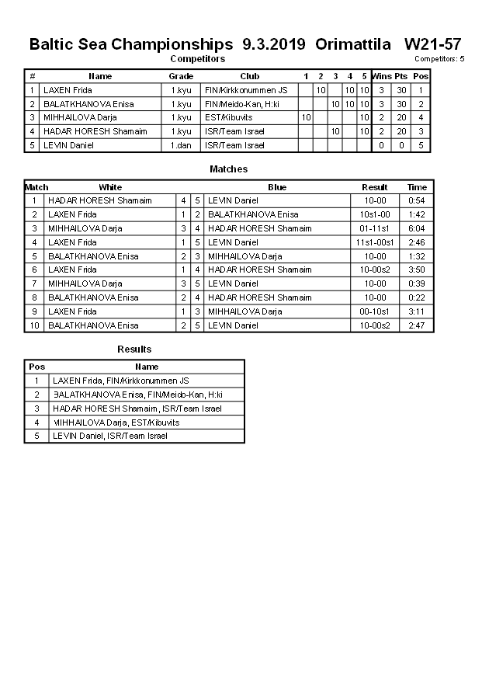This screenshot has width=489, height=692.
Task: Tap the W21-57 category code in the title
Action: click(433, 44)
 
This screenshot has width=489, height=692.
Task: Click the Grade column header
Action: click(181, 76)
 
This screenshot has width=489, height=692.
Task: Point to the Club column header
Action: click(249, 76)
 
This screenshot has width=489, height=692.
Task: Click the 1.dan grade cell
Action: click(181, 145)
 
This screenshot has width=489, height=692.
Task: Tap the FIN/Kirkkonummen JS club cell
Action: click(246, 90)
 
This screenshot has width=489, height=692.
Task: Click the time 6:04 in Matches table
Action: click(417, 228)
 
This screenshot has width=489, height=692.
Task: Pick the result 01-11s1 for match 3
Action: click(375, 228)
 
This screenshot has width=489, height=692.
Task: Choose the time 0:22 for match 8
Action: click(417, 297)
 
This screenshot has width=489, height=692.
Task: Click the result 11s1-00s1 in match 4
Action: click(375, 242)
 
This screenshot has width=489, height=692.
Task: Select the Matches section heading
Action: click(229, 169)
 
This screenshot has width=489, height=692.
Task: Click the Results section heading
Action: click(134, 349)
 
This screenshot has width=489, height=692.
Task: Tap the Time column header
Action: click(417, 187)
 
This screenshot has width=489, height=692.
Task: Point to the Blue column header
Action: click(277, 187)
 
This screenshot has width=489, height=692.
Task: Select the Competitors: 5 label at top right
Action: click(439, 59)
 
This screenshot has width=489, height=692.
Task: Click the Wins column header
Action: click(381, 76)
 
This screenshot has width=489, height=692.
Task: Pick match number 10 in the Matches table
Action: click(35, 325)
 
